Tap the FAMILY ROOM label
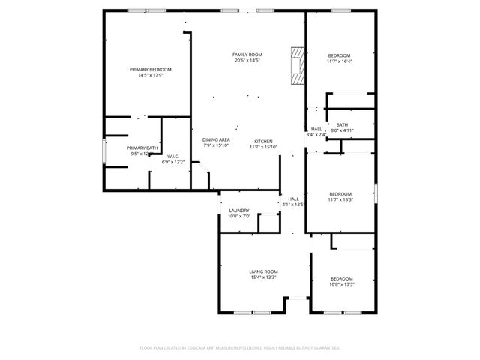[247, 55]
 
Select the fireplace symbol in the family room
[298, 66]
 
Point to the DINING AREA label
[216, 140]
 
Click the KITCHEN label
[263, 141]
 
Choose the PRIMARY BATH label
[142, 148]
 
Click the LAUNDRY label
[239, 211]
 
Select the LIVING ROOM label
[263, 271]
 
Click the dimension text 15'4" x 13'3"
[263, 277]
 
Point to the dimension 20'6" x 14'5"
[247, 61]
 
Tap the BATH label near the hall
[342, 124]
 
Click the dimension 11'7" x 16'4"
[340, 61]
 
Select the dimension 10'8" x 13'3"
[342, 284]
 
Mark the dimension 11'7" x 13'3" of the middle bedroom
[340, 200]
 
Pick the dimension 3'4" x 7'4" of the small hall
[316, 134]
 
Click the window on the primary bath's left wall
[103, 150]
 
